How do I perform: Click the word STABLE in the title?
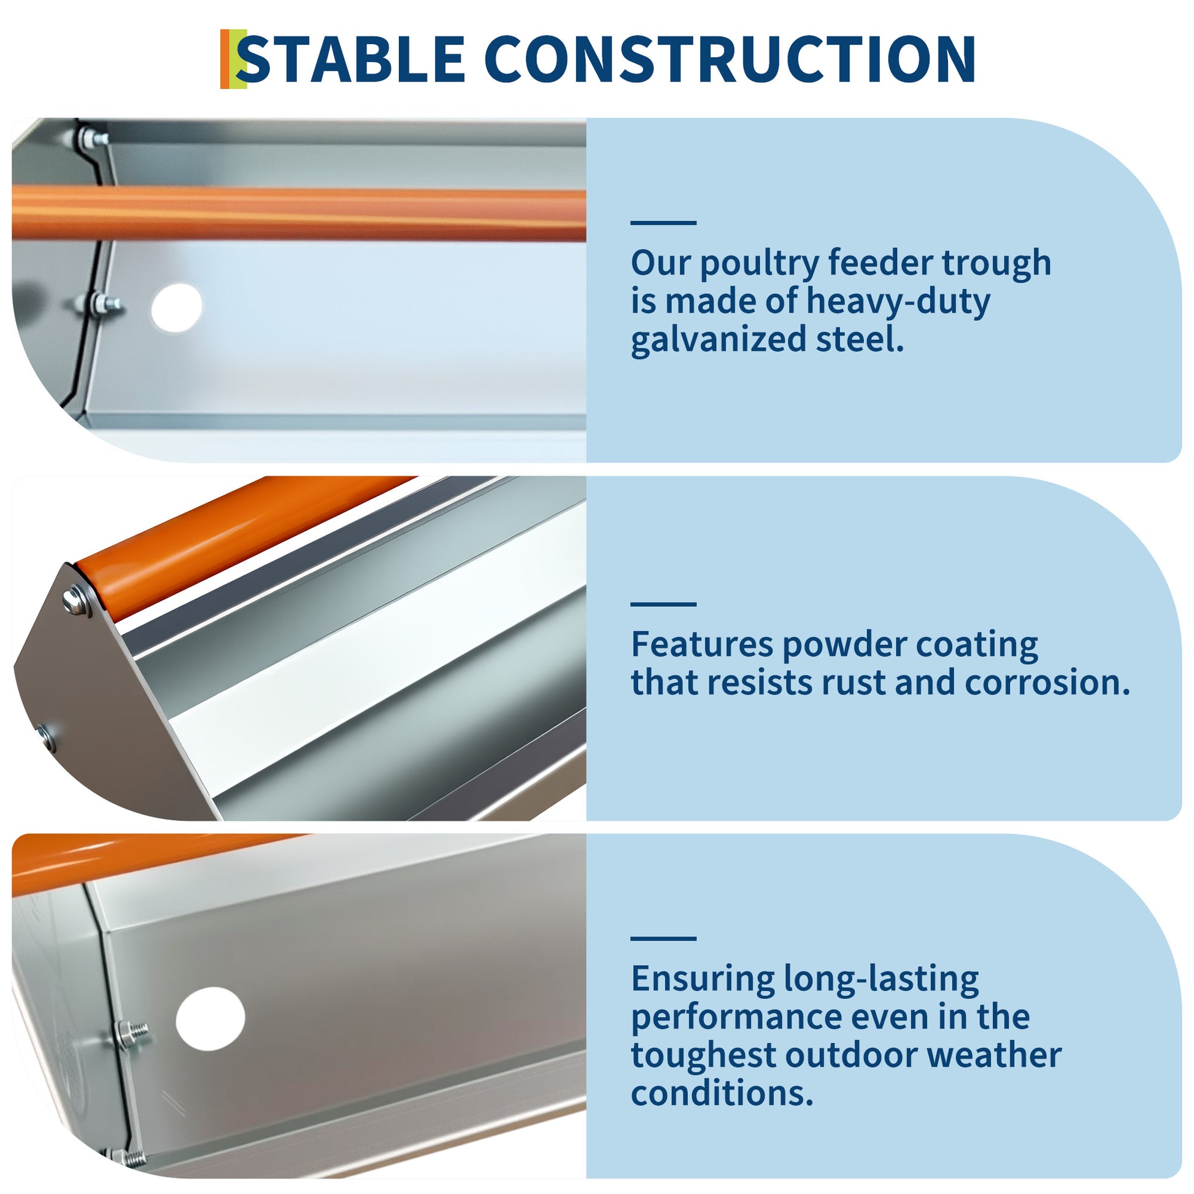pos(351,59)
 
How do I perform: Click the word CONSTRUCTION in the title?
pos(734,59)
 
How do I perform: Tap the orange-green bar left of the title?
pos(233,59)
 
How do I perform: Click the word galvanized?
pos(718,341)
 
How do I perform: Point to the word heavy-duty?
pos(898,302)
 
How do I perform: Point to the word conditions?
pos(722,1093)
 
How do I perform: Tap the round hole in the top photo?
pos(177,308)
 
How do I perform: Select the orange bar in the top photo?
pos(298,214)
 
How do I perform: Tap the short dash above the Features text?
pos(663,604)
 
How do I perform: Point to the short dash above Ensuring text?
pos(663,938)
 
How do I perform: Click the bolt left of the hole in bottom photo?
pos(132,1034)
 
